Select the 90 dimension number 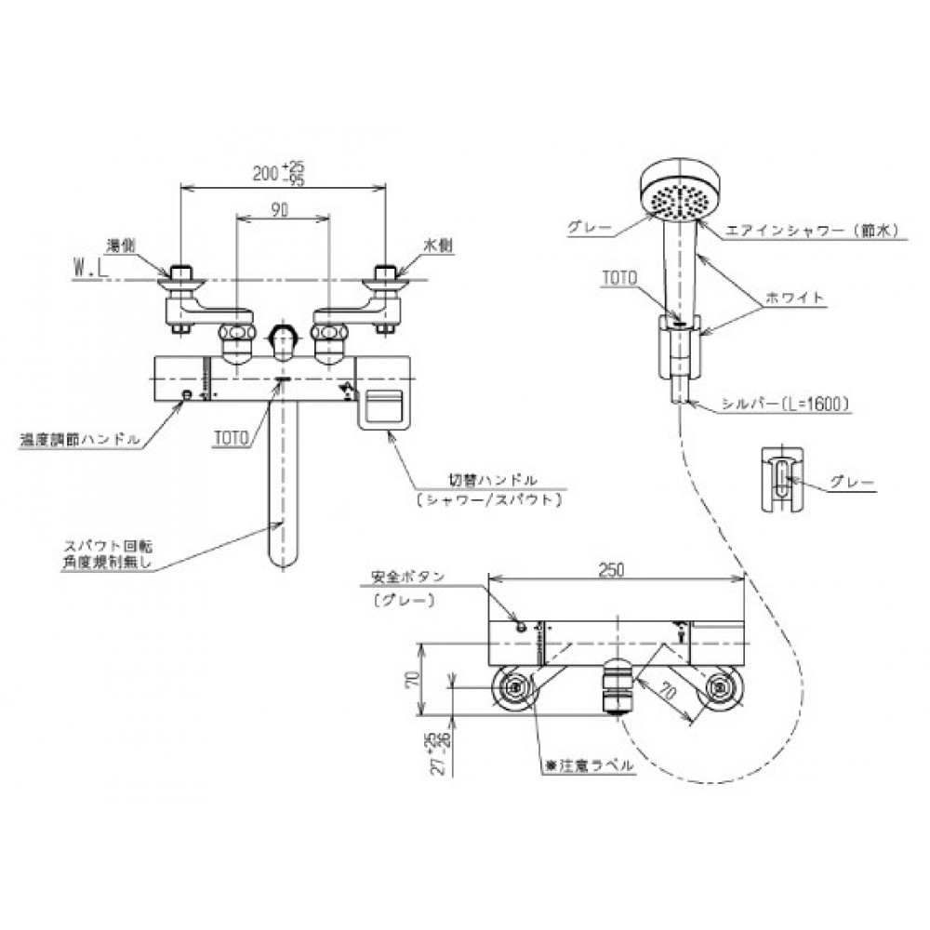(280, 211)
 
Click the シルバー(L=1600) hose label (785, 404)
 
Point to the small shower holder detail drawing (782, 478)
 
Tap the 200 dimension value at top (267, 173)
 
